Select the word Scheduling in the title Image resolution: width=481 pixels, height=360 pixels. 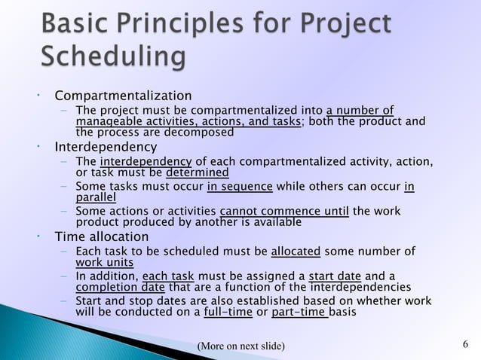(x=113, y=57)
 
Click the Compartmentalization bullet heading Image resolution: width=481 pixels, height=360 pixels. (x=122, y=96)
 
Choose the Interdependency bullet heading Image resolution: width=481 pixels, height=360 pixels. (x=105, y=146)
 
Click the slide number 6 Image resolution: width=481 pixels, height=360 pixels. (x=465, y=345)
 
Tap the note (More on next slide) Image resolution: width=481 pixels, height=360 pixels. (x=240, y=346)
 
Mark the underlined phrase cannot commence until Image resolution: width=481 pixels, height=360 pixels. (x=284, y=212)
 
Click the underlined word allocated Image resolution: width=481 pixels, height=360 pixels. (x=296, y=252)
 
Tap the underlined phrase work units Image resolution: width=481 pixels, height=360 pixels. (x=105, y=262)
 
